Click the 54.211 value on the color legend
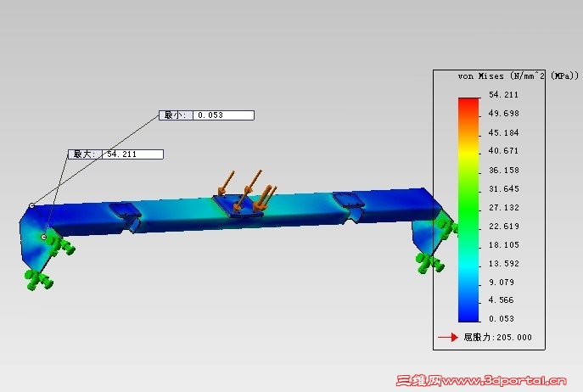tap(503, 95)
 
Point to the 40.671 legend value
tap(503, 151)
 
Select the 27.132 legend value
tap(504, 208)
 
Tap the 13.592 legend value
tap(504, 263)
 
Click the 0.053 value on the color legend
tap(502, 319)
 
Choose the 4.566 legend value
tap(501, 300)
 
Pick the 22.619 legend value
tap(504, 227)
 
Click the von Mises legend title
tap(519, 76)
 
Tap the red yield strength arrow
tap(448, 338)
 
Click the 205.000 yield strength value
tap(514, 338)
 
